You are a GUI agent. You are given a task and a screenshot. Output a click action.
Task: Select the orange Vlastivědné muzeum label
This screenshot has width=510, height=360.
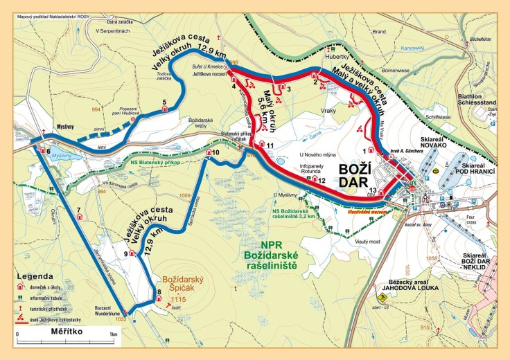click(x=366, y=212)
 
